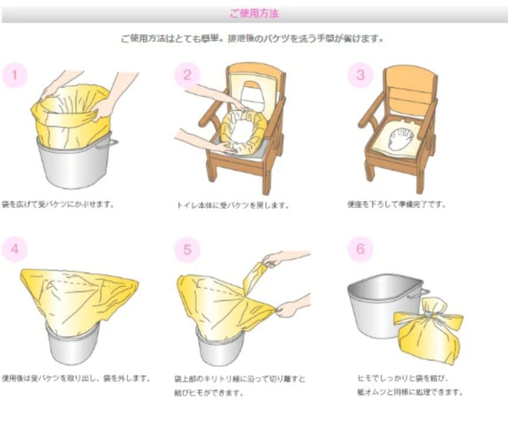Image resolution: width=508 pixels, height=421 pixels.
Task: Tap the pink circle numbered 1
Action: (15, 75)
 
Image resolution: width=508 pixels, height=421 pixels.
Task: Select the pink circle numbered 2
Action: (187, 75)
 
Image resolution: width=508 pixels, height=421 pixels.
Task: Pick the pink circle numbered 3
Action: (360, 75)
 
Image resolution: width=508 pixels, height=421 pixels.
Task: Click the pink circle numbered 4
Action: (15, 249)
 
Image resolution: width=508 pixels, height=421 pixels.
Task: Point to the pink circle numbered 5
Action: (187, 249)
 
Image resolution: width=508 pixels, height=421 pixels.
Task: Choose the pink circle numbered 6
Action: (360, 249)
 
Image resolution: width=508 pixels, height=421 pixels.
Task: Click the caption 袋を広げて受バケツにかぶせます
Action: (58, 205)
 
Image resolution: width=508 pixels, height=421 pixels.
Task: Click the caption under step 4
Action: (76, 378)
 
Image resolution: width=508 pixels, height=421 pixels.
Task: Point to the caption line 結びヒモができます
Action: (209, 393)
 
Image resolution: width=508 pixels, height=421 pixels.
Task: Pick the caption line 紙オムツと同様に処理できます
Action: (410, 392)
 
